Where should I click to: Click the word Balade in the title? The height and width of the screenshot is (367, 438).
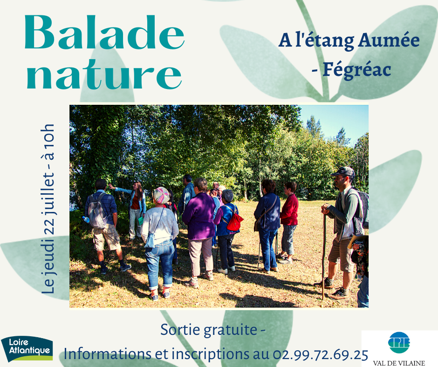coord(104,33)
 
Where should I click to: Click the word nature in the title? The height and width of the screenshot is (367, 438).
coord(104,75)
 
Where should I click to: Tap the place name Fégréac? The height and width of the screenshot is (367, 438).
coord(357,70)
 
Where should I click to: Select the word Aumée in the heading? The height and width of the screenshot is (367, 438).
coord(389,41)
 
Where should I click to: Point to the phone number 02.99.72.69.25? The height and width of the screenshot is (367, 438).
coord(320,354)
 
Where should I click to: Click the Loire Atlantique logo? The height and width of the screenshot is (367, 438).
coord(27,348)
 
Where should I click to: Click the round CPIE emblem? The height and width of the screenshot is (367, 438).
coord(399,342)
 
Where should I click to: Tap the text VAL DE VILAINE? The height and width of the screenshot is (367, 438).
coord(399,363)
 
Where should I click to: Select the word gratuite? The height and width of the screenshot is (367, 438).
coord(230,330)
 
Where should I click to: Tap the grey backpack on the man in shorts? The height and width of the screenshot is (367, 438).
coord(97,210)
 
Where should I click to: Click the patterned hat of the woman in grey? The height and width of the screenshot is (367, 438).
coord(161,195)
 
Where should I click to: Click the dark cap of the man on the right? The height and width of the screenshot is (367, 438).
coord(343,171)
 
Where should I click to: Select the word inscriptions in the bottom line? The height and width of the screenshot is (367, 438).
coord(210,354)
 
